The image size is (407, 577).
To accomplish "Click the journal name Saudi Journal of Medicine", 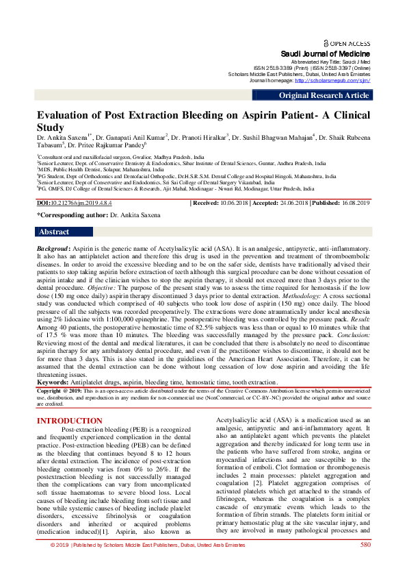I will (326, 53).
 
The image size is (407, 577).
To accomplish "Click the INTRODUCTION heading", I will (69, 421).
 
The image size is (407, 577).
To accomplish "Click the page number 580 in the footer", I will (365, 564).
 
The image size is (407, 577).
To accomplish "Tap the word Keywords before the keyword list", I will (54, 382).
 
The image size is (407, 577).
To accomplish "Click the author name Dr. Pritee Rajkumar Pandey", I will (106, 145).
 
